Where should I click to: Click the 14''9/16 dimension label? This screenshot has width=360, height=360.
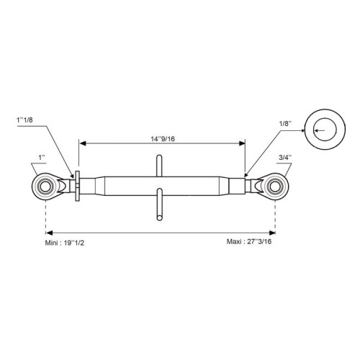pyautogui.click(x=163, y=139)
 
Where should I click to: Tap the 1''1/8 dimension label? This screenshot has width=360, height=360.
pyautogui.click(x=24, y=120)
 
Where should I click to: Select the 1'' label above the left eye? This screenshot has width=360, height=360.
pyautogui.click(x=42, y=158)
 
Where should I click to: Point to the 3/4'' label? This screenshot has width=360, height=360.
pyautogui.click(x=285, y=158)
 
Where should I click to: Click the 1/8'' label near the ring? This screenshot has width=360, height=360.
pyautogui.click(x=285, y=124)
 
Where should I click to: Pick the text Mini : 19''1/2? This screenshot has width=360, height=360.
pyautogui.click(x=65, y=243)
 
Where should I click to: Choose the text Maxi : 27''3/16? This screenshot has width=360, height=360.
pyautogui.click(x=249, y=241)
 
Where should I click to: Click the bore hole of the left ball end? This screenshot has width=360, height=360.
pyautogui.click(x=45, y=186)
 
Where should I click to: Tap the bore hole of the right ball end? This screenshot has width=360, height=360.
pyautogui.click(x=275, y=186)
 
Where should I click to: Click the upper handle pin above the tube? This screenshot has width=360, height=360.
pyautogui.click(x=159, y=166)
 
